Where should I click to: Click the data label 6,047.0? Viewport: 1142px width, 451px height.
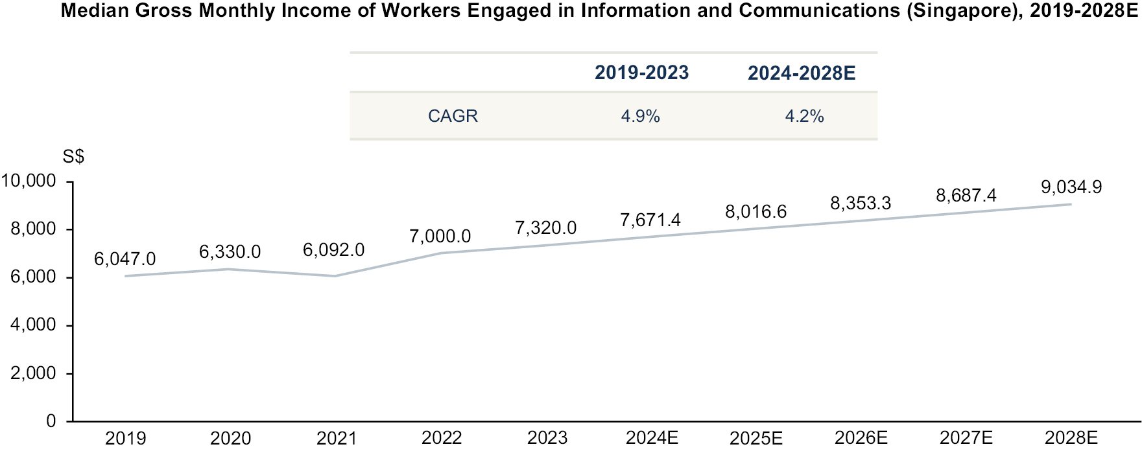click(x=125, y=259)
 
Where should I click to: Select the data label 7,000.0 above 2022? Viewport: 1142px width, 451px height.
click(x=440, y=237)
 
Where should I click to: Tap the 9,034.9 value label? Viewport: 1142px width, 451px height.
click(x=1071, y=187)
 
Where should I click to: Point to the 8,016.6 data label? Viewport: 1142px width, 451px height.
click(x=755, y=212)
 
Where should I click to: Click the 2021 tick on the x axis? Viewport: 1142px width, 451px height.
click(x=336, y=439)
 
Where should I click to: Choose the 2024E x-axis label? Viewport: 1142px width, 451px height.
click(x=652, y=439)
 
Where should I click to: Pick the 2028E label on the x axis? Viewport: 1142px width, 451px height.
click(x=1071, y=439)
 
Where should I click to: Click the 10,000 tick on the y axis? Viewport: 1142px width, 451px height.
click(x=29, y=181)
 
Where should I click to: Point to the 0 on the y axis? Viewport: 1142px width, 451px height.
click(x=51, y=422)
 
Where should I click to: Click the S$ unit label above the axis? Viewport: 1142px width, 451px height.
click(x=73, y=157)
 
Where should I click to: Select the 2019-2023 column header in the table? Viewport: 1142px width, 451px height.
click(x=641, y=73)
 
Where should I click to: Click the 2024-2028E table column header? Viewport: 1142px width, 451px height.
click(x=802, y=73)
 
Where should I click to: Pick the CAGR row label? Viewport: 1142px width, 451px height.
click(x=453, y=116)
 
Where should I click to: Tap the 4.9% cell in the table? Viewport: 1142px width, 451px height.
click(x=640, y=116)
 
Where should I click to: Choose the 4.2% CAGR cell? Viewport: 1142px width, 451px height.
click(x=804, y=116)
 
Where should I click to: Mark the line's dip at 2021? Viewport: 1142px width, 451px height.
click(x=336, y=276)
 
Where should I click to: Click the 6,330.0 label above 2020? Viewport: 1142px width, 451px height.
click(x=230, y=252)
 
